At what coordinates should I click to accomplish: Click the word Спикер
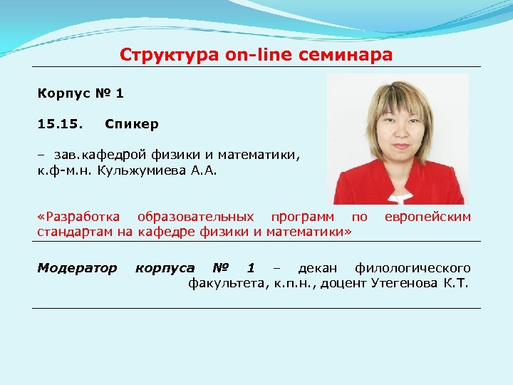point(131,124)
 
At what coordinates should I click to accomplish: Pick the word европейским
point(427,216)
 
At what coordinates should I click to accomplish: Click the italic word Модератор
point(77,268)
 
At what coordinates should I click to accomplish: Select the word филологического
point(413,268)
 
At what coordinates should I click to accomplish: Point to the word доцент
point(343,284)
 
